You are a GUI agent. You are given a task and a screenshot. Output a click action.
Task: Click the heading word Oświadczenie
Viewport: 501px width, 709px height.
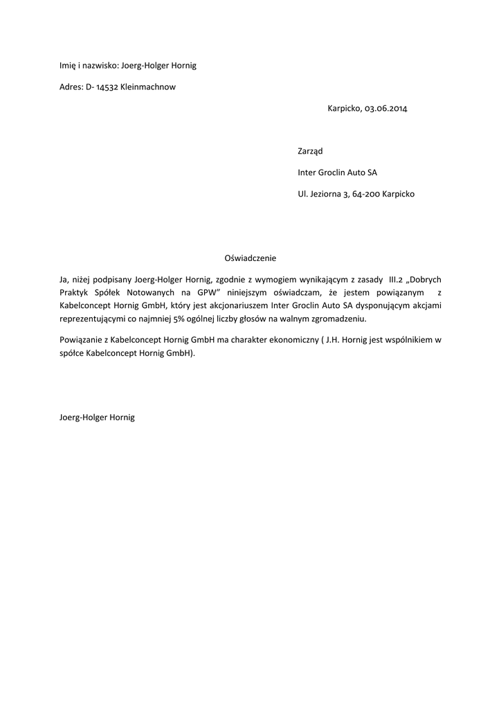pos(250,258)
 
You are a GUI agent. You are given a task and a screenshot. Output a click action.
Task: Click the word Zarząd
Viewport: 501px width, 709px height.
pos(310,151)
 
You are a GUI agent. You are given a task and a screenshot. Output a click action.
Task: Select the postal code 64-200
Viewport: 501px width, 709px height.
pos(366,195)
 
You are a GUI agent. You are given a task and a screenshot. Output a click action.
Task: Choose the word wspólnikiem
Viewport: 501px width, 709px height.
pos(404,339)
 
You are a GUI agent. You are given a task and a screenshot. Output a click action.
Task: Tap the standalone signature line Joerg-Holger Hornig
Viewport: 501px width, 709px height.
pos(97,419)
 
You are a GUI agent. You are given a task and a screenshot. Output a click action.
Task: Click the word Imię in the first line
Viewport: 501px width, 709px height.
pos(68,66)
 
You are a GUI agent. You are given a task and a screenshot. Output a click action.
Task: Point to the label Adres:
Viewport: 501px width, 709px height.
pos(71,87)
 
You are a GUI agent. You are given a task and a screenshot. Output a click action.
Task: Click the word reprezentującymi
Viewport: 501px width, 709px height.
pos(93,319)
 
